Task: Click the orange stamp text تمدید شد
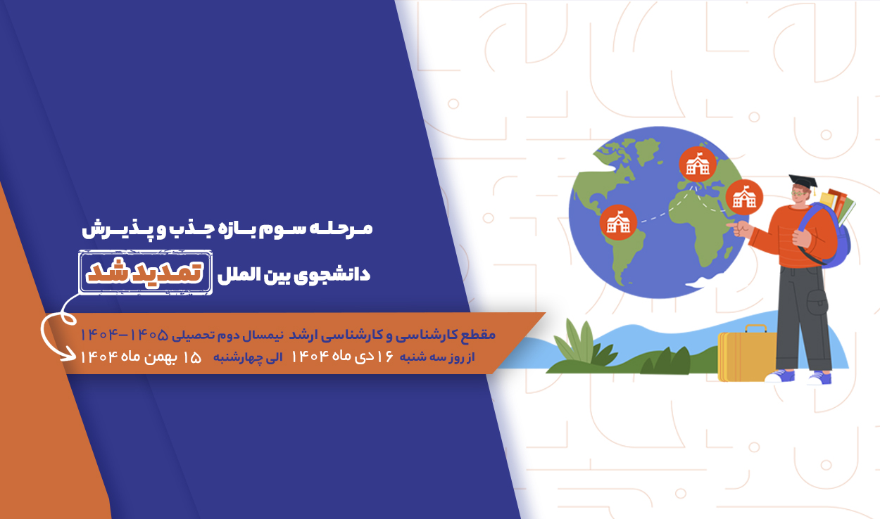[x=145, y=272]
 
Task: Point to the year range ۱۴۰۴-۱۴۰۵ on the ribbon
[x=124, y=335]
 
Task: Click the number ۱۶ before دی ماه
[x=384, y=357]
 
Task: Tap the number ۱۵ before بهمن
[x=192, y=357]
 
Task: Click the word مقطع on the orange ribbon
[x=479, y=335]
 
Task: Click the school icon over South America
[x=618, y=223]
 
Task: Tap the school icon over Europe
[x=698, y=165]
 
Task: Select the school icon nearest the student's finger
[x=743, y=198]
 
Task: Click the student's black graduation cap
[x=803, y=181]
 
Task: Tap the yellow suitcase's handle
[x=756, y=328]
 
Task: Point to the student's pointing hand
[x=739, y=228]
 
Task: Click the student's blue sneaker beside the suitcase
[x=780, y=376]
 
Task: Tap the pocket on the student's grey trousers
[x=817, y=302]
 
